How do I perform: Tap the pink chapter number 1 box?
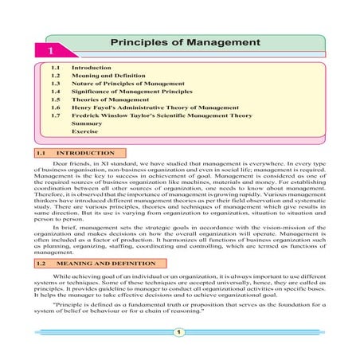coord(42,50)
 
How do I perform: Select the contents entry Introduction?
coord(91,68)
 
